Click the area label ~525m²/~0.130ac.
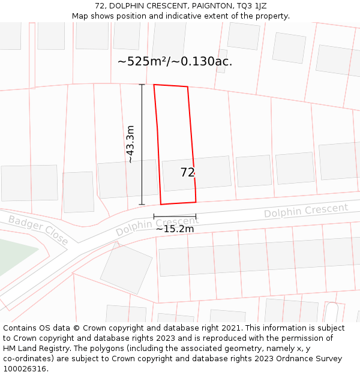(175, 61)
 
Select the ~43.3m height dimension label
(130, 144)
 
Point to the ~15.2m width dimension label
(175, 229)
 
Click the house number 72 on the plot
(187, 173)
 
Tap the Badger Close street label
(38, 230)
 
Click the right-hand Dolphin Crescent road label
(306, 211)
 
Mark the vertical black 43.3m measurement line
(142, 144)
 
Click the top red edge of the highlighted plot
(171, 86)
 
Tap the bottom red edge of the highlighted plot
(178, 203)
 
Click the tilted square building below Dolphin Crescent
(126, 268)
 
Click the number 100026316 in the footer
(25, 368)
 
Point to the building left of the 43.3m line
(119, 179)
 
